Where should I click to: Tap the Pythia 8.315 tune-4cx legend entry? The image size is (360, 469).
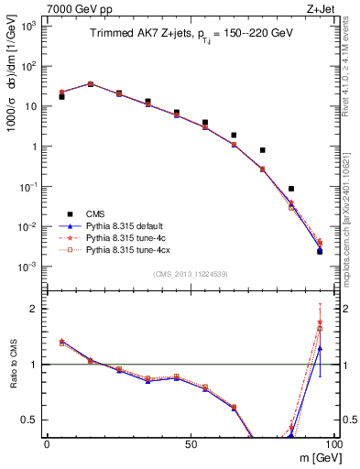point(126,249)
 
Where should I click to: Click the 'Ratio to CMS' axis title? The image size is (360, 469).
point(14,365)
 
